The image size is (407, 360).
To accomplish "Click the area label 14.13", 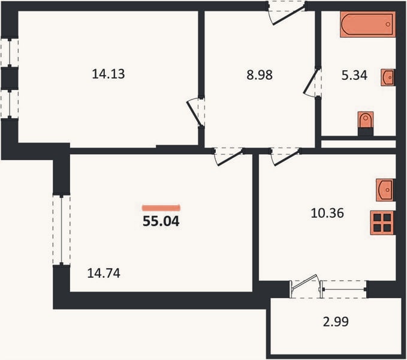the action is click(108, 74).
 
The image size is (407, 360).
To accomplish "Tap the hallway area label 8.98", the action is click(260, 75).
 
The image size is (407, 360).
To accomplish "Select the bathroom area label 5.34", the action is click(354, 76).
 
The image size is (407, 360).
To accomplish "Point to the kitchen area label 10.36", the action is click(327, 213).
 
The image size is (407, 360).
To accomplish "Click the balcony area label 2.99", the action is click(336, 322).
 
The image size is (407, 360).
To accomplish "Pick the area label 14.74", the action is click(104, 273).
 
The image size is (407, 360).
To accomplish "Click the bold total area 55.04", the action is click(161, 221).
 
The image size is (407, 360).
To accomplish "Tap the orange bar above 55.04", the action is click(161, 208).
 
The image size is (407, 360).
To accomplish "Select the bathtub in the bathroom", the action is click(368, 24).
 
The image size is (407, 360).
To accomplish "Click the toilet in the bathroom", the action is click(366, 120).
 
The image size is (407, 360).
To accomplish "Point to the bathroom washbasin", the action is click(388, 77).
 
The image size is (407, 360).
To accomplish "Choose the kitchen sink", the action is click(385, 190).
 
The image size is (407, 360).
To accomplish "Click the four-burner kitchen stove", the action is click(382, 223).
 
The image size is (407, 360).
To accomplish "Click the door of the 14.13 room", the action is click(194, 112).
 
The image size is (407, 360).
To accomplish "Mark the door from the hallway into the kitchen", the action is click(286, 157).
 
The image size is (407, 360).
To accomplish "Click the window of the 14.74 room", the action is click(62, 230).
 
